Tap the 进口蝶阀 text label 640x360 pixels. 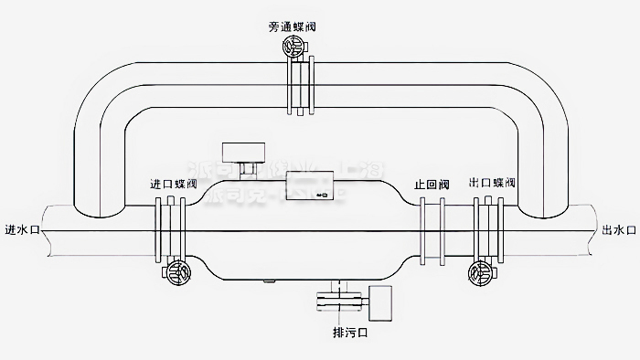[x=174, y=184]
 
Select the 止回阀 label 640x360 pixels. [x=432, y=184]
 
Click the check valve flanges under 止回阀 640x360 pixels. [x=432, y=227]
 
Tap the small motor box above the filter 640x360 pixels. [x=244, y=151]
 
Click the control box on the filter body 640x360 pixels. [x=310, y=186]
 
